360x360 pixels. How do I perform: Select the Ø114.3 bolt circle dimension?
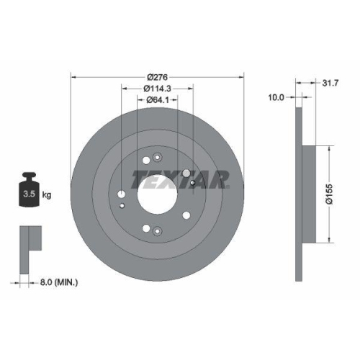pos(157,89)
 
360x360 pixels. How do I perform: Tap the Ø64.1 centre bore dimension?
pos(157,100)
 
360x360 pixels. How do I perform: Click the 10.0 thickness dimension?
pos(277,96)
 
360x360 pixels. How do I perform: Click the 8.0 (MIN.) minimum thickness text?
pos(59,283)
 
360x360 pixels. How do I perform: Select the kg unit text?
pos(46,194)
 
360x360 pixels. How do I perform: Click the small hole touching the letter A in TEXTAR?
pos(194,182)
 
